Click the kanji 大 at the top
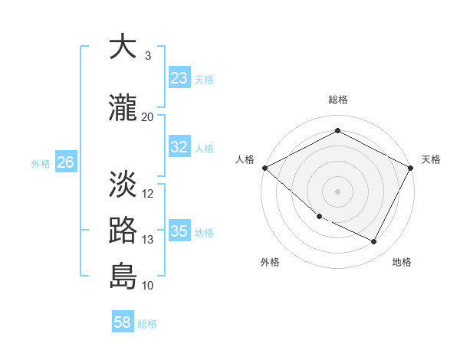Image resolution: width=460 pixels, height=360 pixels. pyautogui.click(x=123, y=47)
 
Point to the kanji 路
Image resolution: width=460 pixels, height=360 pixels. pyautogui.click(x=123, y=231)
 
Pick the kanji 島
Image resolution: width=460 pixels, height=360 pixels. pyautogui.click(x=123, y=277)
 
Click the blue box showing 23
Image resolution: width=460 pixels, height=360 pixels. pyautogui.click(x=179, y=78)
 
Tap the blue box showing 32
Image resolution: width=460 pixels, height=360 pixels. pyautogui.click(x=179, y=147)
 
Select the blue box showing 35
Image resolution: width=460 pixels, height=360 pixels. pyautogui.click(x=179, y=231)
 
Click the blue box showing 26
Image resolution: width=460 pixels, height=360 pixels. pyautogui.click(x=65, y=162)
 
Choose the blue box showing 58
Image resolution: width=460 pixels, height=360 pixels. pyautogui.click(x=123, y=323)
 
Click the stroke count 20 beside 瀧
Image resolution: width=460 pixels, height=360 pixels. pyautogui.click(x=148, y=116)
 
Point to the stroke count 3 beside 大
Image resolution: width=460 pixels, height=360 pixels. pyautogui.click(x=148, y=56)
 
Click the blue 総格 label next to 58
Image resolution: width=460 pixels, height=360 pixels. pyautogui.click(x=147, y=324)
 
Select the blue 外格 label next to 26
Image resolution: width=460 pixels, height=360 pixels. pyautogui.click(x=40, y=163)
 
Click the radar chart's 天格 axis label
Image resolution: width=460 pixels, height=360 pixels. pyautogui.click(x=431, y=159)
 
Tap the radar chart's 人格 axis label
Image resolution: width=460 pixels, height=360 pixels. pyautogui.click(x=245, y=159)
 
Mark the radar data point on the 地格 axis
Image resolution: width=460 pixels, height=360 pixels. pyautogui.click(x=374, y=242)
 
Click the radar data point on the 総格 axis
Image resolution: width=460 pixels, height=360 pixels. pyautogui.click(x=337, y=131)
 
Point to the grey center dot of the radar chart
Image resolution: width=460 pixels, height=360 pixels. pyautogui.click(x=337, y=191)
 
